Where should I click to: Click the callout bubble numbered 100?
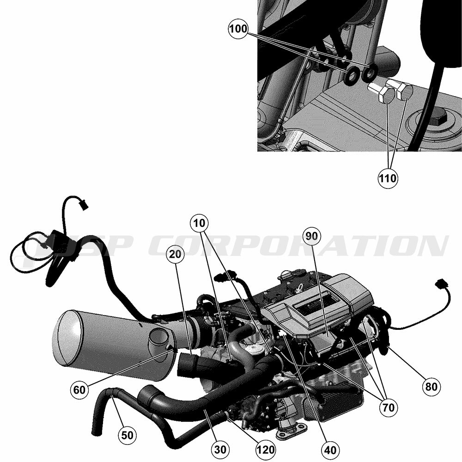(x=238, y=29)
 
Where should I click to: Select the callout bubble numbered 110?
(x=388, y=178)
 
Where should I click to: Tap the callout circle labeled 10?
(x=199, y=223)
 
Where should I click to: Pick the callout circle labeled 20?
(x=175, y=254)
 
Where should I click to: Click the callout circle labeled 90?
(x=312, y=236)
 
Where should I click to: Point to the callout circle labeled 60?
(x=79, y=390)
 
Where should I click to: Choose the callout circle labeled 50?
(x=128, y=435)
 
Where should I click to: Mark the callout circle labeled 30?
(x=220, y=450)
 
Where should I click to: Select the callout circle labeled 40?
(x=330, y=450)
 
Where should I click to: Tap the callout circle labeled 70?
(x=389, y=407)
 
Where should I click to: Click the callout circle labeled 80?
(x=432, y=386)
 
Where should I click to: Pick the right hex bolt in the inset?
(x=398, y=89)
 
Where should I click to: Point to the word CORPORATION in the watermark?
(x=298, y=245)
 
